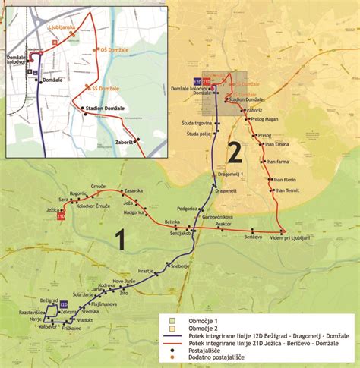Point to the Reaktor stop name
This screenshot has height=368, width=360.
pos(223,225)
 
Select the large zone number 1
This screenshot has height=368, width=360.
pos(119,241)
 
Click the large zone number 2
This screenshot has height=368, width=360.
pos(235,154)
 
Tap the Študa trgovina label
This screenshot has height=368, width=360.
pos(195,123)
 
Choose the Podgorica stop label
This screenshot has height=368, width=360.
pos(188,209)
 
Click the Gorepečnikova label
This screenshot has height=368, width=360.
pos(210,216)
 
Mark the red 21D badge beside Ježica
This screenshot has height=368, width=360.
pos(61,218)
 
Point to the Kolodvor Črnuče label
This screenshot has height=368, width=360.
pos(94,207)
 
